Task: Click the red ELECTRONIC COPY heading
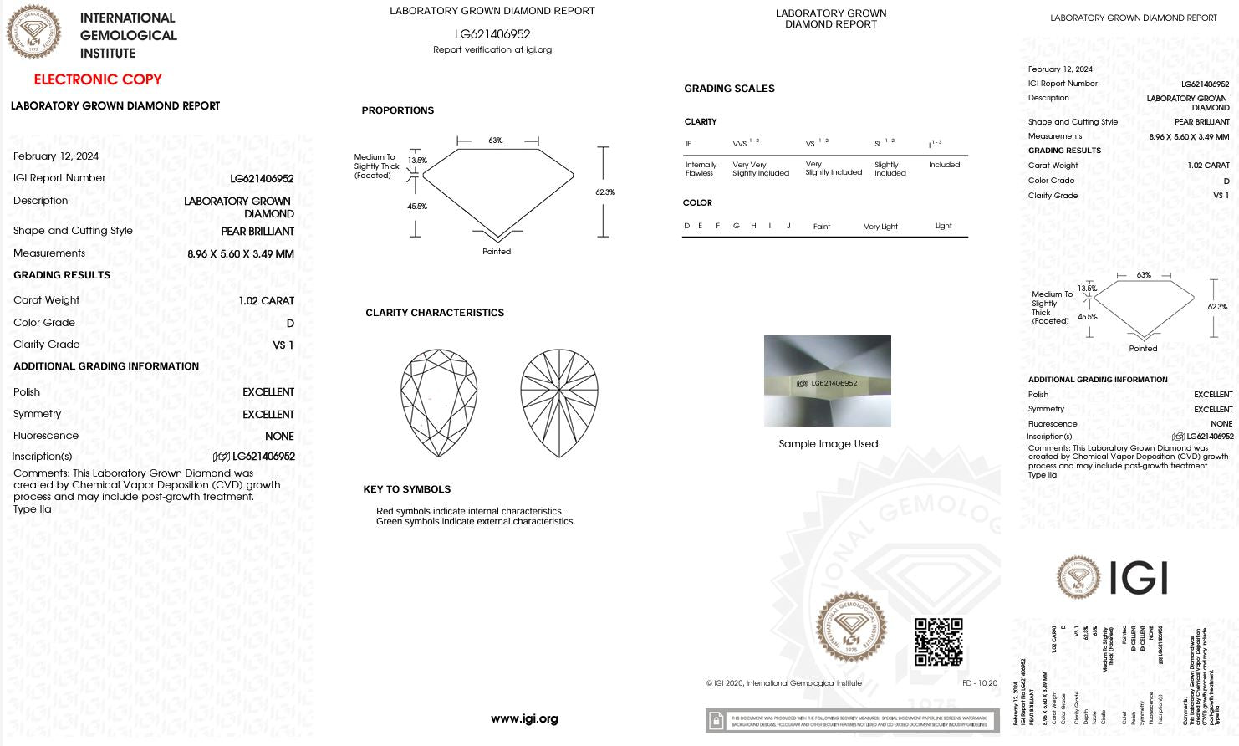point(98,79)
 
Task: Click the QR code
point(938,641)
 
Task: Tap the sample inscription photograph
point(827,381)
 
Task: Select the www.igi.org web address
point(524,718)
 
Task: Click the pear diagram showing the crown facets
point(439,402)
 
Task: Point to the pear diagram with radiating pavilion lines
point(558,402)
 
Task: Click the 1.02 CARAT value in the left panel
point(266,301)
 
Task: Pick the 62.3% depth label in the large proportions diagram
point(605,192)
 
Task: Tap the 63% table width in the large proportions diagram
point(496,141)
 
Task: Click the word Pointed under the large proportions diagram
point(497,252)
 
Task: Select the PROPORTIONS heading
point(398,110)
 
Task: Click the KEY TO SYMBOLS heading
point(406,489)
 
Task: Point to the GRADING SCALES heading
point(729,89)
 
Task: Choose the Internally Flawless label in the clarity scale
point(701,169)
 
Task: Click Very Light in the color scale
point(880,227)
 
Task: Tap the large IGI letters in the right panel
point(1138,578)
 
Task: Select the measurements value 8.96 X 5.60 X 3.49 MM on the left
point(241,254)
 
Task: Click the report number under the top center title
point(492,34)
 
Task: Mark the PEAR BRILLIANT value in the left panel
point(257,232)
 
